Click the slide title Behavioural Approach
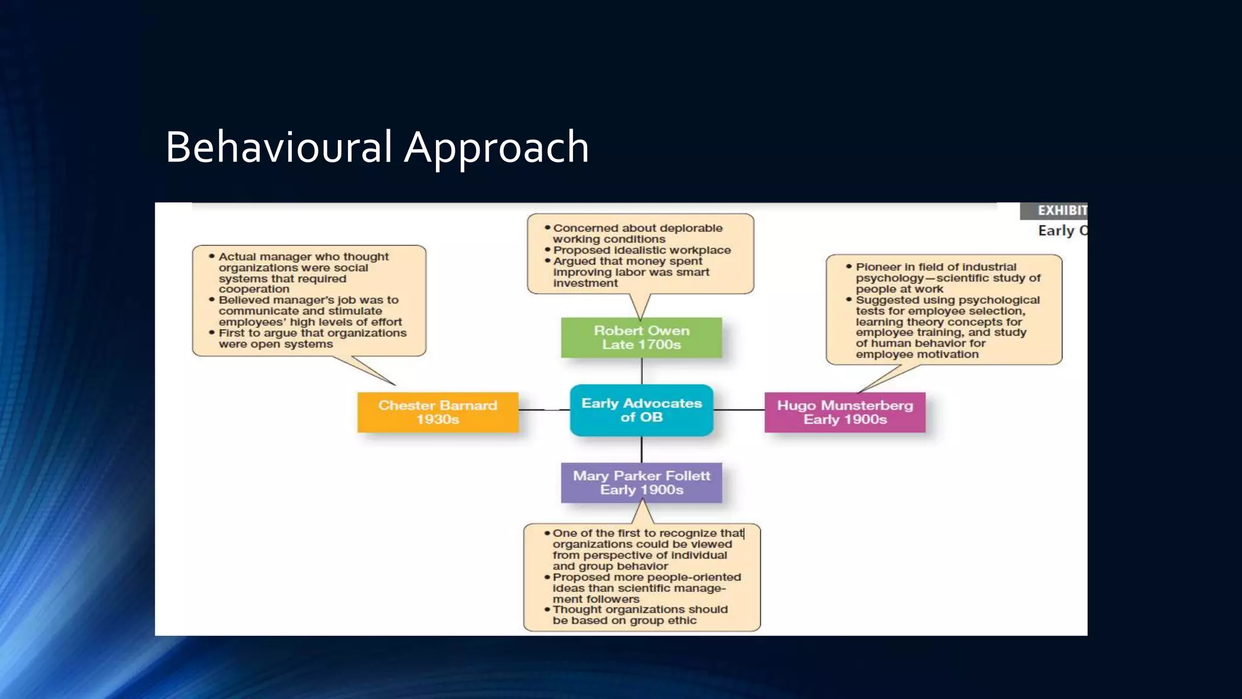pyautogui.click(x=377, y=147)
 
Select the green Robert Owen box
pyautogui.click(x=641, y=337)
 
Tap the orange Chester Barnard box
pyautogui.click(x=437, y=412)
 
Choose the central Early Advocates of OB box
pyautogui.click(x=641, y=410)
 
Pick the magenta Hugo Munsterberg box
pyautogui.click(x=845, y=412)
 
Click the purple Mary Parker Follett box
pyautogui.click(x=641, y=483)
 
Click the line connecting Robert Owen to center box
pyautogui.click(x=642, y=370)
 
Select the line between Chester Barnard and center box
pyautogui.click(x=543, y=410)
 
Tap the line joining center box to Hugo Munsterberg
pyautogui.click(x=739, y=410)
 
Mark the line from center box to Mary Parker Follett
pyautogui.click(x=642, y=449)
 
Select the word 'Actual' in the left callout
pyautogui.click(x=237, y=257)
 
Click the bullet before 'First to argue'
pyautogui.click(x=212, y=333)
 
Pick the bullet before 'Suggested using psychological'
pyautogui.click(x=849, y=299)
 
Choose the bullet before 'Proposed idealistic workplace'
pyautogui.click(x=547, y=250)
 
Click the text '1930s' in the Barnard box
pyautogui.click(x=437, y=420)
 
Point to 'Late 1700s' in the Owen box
pyautogui.click(x=641, y=345)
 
